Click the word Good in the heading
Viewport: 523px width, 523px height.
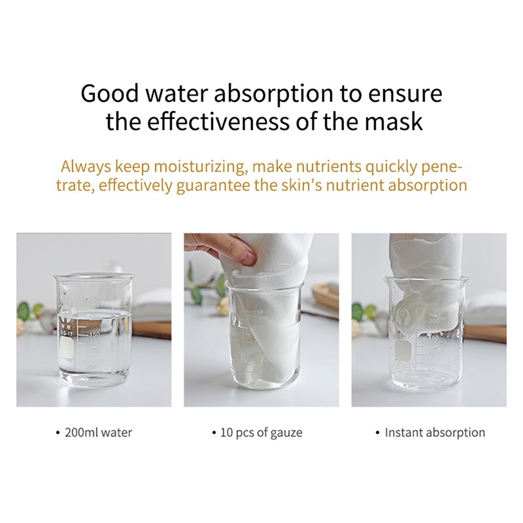coord(109,93)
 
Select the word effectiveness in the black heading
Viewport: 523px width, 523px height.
coord(218,122)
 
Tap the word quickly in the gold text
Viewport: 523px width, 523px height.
coord(391,167)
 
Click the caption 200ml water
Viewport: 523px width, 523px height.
coord(99,433)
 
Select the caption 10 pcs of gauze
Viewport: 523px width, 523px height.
coord(261,433)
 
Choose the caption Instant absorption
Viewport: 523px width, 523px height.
coord(435,433)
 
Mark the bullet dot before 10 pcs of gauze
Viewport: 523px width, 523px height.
coord(214,433)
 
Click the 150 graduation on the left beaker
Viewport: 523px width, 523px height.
coord(94,334)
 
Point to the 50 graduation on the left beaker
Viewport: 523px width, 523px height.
coord(93,367)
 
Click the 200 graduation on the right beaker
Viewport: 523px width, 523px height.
coord(434,321)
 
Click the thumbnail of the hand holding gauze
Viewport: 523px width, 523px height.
coord(261,320)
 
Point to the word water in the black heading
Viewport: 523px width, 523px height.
coord(177,94)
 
